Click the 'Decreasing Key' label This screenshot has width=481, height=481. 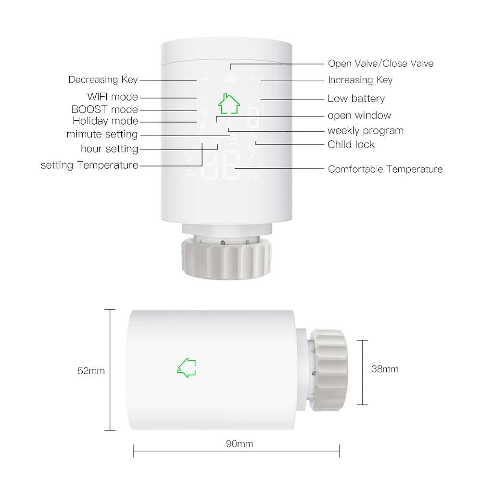103,80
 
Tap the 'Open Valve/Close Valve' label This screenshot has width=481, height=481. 380,63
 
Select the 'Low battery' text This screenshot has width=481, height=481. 356,99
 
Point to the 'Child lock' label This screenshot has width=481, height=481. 351,144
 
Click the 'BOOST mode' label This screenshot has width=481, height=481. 104,110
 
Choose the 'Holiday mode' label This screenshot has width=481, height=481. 105,121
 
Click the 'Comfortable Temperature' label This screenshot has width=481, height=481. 385,169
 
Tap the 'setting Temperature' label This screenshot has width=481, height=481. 89,165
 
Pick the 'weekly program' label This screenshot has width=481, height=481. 366,131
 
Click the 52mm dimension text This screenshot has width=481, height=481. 91,371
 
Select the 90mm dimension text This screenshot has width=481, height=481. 239,443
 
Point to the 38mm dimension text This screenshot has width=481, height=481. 385,369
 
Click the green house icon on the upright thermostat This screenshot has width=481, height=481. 229,104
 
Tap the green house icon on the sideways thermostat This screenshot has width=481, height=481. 187,367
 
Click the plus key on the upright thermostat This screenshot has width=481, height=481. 253,79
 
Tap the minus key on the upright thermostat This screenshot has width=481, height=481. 205,79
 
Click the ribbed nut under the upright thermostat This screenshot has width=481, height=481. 227,257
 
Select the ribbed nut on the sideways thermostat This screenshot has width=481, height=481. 328,370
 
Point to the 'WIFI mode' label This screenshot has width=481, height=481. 113,97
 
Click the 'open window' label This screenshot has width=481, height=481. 359,115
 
